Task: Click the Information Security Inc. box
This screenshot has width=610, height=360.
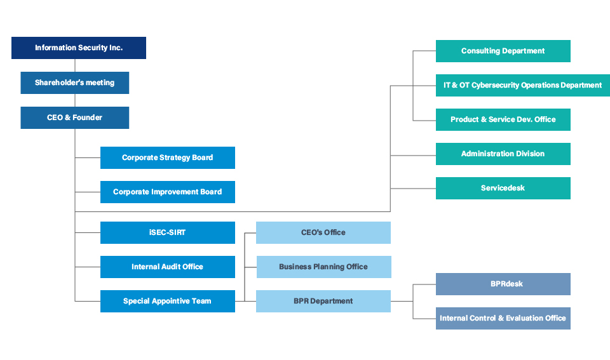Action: pyautogui.click(x=79, y=48)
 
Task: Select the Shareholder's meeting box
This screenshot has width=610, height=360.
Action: pyautogui.click(x=75, y=83)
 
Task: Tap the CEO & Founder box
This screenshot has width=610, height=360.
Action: pyautogui.click(x=75, y=118)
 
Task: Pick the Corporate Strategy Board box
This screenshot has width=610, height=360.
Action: pyautogui.click(x=168, y=158)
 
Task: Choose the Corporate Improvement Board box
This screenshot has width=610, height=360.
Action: pyautogui.click(x=168, y=192)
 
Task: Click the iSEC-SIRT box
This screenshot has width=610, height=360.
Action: pyautogui.click(x=168, y=232)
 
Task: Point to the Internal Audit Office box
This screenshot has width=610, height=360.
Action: pyautogui.click(x=168, y=267)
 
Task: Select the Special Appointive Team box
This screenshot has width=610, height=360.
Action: pyautogui.click(x=168, y=302)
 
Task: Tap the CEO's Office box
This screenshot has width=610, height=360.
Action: pyautogui.click(x=323, y=232)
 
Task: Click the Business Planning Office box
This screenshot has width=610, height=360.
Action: pyautogui.click(x=323, y=267)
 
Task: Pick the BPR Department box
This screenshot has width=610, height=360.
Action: pyautogui.click(x=323, y=302)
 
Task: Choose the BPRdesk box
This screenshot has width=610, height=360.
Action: pyautogui.click(x=503, y=284)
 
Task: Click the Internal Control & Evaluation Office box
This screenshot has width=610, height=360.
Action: pyautogui.click(x=503, y=318)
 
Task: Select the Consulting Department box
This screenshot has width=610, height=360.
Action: pyautogui.click(x=503, y=51)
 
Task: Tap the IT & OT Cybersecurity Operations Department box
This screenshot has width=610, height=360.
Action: pyautogui.click(x=523, y=85)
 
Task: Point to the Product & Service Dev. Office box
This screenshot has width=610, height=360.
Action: pyautogui.click(x=503, y=120)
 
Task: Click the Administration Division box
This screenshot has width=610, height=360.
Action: pyautogui.click(x=503, y=154)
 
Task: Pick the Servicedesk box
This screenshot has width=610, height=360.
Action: pyautogui.click(x=503, y=188)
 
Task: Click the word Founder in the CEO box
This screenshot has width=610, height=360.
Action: pyautogui.click(x=88, y=117)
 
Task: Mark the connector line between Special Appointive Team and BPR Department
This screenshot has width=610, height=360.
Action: pyautogui.click(x=245, y=302)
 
